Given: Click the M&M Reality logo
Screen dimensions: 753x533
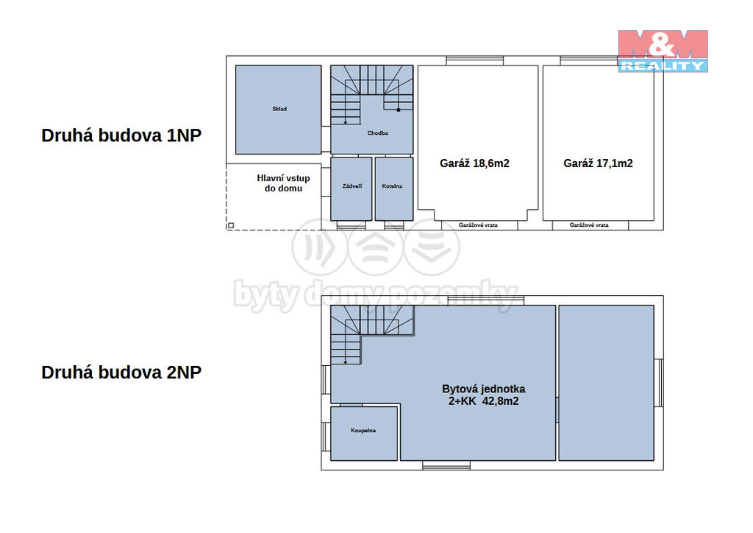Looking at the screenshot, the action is coord(663,51).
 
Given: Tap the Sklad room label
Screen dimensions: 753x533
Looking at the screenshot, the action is coord(279,109).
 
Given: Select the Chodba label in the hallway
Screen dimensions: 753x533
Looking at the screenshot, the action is coord(377,133).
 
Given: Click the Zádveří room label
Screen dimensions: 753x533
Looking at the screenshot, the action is coord(352,186).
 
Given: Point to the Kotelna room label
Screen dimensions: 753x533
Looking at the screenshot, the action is coord(393,186).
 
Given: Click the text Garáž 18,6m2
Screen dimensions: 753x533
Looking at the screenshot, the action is coord(474,163).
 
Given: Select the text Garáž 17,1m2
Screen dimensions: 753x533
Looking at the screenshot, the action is coord(598,163).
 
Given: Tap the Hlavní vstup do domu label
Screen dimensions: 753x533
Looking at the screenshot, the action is coord(283,183).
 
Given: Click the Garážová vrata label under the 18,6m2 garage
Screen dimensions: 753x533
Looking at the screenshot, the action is coord(478,225).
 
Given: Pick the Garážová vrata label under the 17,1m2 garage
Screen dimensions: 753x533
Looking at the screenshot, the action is coord(589,225).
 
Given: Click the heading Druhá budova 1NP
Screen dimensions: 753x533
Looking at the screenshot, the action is coord(121,135).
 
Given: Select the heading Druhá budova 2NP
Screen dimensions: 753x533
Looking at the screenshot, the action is coord(121,373).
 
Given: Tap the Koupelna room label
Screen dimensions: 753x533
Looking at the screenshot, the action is coord(363,431).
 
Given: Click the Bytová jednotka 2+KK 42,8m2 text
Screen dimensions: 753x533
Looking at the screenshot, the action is coord(484,395).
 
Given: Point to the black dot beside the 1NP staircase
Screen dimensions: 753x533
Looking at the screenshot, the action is coord(399,110).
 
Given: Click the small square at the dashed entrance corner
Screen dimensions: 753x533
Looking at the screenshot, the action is coord(231,225).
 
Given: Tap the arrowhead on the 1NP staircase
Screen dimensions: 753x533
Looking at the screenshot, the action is coord(346,122).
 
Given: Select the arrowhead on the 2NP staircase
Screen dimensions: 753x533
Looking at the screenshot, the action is coord(346,362).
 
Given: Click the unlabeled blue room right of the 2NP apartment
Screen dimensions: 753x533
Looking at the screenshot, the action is coord(606,383).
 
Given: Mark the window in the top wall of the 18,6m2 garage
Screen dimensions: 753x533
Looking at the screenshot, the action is coord(474,60).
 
